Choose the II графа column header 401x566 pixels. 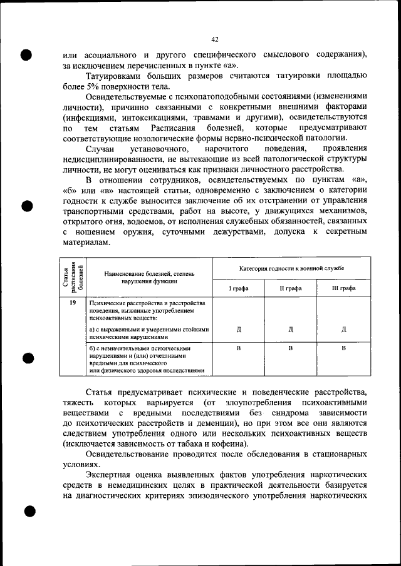291,288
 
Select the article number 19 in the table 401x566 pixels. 73,303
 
